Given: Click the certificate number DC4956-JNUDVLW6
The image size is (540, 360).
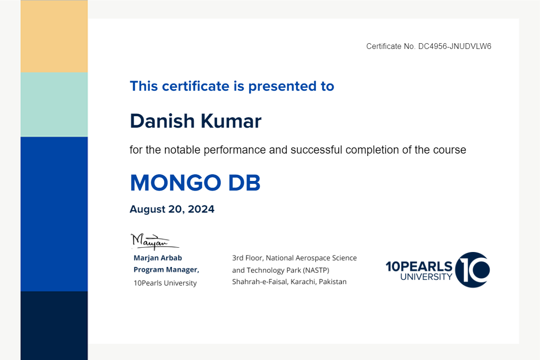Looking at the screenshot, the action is [x=455, y=46].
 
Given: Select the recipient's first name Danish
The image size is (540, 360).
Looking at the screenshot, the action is [x=163, y=121].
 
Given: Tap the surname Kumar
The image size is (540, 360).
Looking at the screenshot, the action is [x=231, y=121].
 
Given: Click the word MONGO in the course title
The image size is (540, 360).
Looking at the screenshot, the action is [x=176, y=182].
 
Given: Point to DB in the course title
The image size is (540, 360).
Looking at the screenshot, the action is [x=244, y=182].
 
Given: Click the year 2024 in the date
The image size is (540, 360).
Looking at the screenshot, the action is [x=201, y=209].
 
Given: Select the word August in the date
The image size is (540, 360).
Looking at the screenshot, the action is [x=148, y=209].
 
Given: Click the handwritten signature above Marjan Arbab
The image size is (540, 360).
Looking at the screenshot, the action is [x=155, y=241].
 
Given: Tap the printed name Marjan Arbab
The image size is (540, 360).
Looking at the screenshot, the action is [x=158, y=258].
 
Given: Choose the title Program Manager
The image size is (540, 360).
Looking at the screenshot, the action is [x=167, y=270].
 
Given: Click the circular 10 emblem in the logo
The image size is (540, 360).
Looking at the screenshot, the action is [x=472, y=270].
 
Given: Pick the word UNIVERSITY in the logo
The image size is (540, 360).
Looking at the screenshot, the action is [x=426, y=276].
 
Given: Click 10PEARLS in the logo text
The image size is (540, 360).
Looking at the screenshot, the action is [x=419, y=266].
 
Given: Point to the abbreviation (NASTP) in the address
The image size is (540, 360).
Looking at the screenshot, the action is [x=316, y=270].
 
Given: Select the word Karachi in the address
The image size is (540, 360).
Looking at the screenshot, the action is [x=303, y=282].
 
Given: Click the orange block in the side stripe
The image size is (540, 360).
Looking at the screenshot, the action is [x=54, y=36].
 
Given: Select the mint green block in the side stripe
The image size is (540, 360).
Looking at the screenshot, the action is [x=54, y=105].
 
